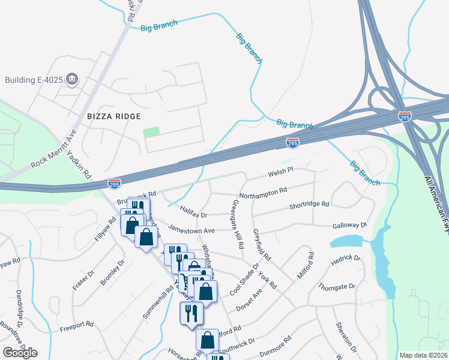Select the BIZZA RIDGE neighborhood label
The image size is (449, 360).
[x=114, y=116]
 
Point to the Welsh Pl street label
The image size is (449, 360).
[x=280, y=171]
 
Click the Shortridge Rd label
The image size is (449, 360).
[x=309, y=204]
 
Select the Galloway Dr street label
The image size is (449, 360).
[x=349, y=225]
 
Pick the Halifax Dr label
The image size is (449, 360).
[x=193, y=211]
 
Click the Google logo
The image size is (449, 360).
[x=20, y=353]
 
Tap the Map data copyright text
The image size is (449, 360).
[x=424, y=355]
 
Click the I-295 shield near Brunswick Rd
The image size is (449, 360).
[x=114, y=182]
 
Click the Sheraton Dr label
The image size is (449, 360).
[x=345, y=341]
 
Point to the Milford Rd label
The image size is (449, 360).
[x=306, y=266]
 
